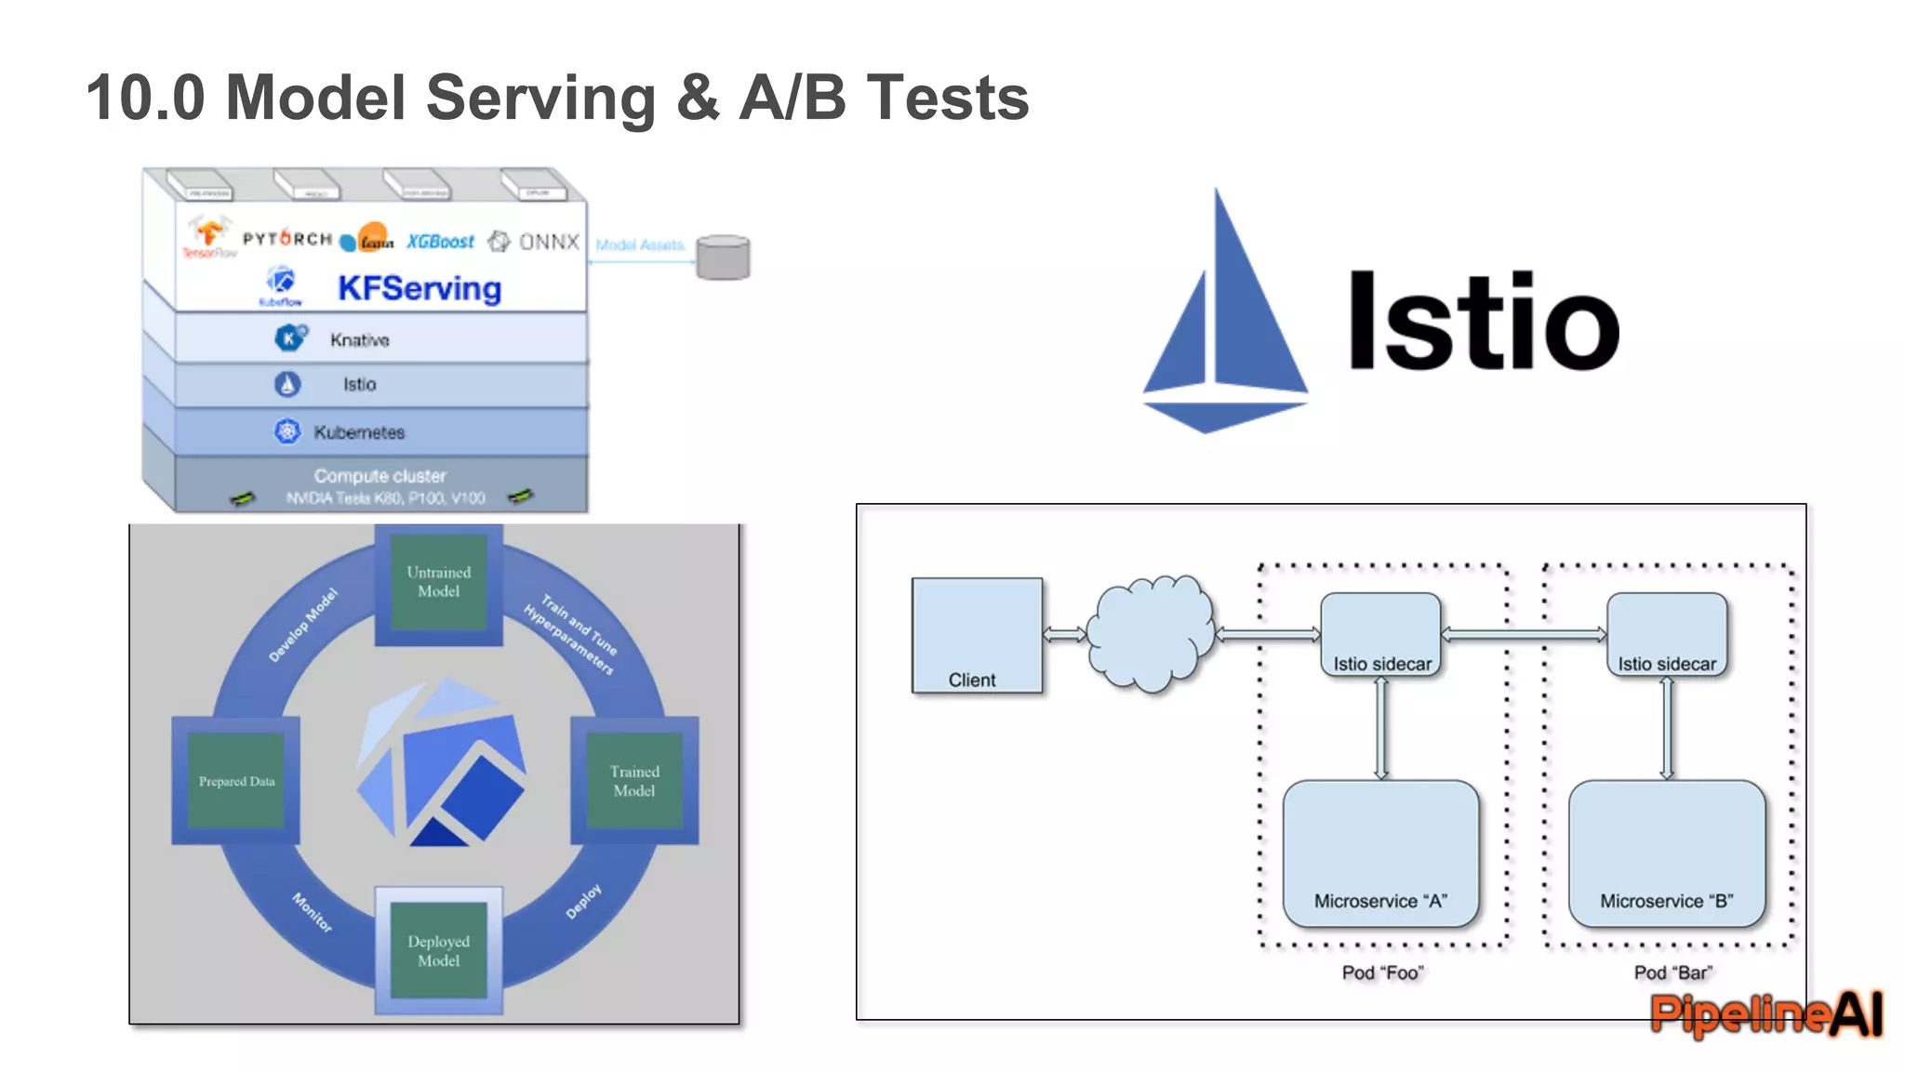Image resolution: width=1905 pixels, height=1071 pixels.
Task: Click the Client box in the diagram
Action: pyautogui.click(x=976, y=635)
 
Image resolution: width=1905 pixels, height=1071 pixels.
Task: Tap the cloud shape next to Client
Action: pyautogui.click(x=1152, y=634)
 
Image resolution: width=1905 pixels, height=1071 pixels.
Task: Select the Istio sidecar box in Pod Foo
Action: pyautogui.click(x=1380, y=634)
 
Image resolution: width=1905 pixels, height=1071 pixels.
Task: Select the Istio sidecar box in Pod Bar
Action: pyautogui.click(x=1666, y=634)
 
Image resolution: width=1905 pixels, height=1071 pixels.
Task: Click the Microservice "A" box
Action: pyautogui.click(x=1380, y=853)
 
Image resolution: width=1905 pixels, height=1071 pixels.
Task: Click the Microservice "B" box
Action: pyautogui.click(x=1666, y=853)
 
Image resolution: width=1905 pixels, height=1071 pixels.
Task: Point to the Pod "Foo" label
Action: pyautogui.click(x=1382, y=972)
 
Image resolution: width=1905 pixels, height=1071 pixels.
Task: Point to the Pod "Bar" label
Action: pyautogui.click(x=1672, y=972)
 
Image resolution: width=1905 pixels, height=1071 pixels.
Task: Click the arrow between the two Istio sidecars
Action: pyautogui.click(x=1524, y=635)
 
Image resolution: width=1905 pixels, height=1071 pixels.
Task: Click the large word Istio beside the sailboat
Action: pyautogui.click(x=1483, y=322)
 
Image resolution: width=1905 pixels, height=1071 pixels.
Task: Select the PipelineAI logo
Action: pyautogui.click(x=1765, y=1013)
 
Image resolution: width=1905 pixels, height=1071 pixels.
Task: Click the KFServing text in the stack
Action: pyautogui.click(x=419, y=288)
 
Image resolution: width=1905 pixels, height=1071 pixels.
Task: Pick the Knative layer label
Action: pyautogui.click(x=359, y=340)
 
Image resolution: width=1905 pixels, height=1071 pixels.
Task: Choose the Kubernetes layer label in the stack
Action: pyautogui.click(x=359, y=432)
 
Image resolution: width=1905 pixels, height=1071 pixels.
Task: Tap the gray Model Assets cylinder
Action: pyautogui.click(x=723, y=257)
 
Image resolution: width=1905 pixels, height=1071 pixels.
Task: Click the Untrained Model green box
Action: pyautogui.click(x=438, y=582)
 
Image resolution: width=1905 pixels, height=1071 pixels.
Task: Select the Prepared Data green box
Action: pyautogui.click(x=236, y=781)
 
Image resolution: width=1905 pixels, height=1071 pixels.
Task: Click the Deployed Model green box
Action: pyautogui.click(x=438, y=950)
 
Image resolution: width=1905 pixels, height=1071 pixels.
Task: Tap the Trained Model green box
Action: pyautogui.click(x=634, y=781)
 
